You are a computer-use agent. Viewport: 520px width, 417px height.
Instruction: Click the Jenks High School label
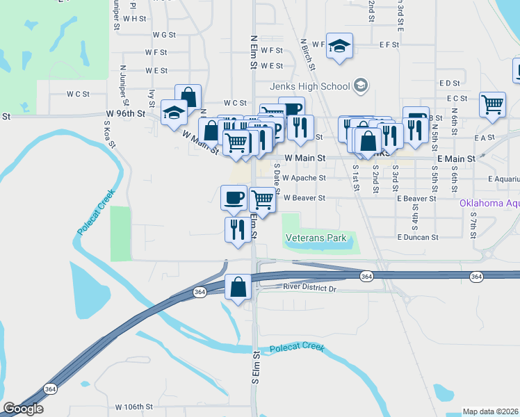pos(310,86)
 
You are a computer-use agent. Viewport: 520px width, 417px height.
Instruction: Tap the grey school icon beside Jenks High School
pos(360,85)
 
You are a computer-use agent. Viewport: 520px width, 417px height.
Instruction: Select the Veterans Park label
pos(316,238)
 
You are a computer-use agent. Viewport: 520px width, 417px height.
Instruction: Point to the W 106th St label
pos(133,407)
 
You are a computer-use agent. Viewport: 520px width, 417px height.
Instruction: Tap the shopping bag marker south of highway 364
pos(238,287)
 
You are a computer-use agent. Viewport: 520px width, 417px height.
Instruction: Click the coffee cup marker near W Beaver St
pos(234,197)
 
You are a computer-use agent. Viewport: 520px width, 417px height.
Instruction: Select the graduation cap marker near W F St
pos(339,46)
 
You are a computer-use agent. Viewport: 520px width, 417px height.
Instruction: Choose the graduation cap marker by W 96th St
pos(174,112)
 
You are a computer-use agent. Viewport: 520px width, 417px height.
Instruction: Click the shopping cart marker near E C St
pos(493,104)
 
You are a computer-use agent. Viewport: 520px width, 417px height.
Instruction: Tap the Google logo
pos(23,409)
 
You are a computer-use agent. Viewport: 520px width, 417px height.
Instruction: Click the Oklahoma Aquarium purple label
pos(489,204)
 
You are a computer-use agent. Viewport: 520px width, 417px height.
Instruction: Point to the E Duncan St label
pos(418,237)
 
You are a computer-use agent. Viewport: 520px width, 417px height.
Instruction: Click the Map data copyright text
pos(491,411)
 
